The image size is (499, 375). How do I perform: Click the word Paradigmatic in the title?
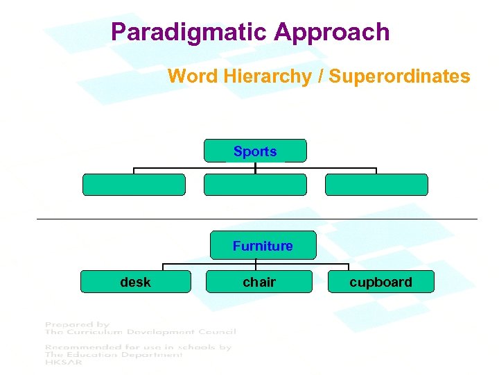coord(189,32)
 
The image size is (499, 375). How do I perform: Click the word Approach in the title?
coord(332,32)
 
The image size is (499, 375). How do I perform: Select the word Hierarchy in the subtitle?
coord(267,76)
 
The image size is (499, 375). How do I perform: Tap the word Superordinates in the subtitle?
coord(399,76)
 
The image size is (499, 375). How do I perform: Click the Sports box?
coord(255,151)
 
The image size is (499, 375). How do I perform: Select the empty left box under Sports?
coord(134,185)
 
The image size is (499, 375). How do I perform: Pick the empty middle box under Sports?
coord(255,185)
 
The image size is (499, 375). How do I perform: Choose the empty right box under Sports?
coord(376,185)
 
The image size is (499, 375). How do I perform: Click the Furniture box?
coord(263,246)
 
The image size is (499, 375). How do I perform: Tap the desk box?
coord(135,282)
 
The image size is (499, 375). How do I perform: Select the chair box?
coord(259,282)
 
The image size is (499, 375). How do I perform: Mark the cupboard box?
coord(380,282)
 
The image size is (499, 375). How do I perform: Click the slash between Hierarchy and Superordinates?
coord(319,76)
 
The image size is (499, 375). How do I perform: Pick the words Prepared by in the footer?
coord(78,324)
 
